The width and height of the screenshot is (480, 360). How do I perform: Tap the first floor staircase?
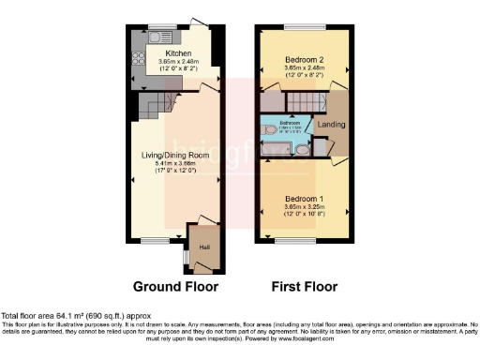[x=305, y=100]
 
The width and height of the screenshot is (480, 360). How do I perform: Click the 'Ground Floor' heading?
[x=175, y=287]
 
